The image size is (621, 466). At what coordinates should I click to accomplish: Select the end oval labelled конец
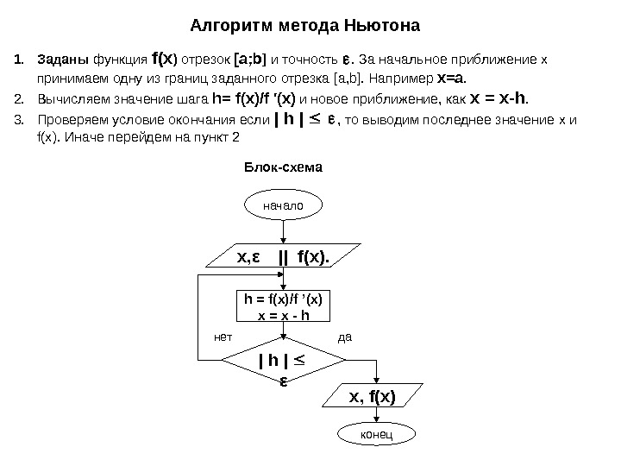click(x=372, y=434)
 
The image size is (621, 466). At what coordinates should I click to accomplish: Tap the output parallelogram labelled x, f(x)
click(x=371, y=397)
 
